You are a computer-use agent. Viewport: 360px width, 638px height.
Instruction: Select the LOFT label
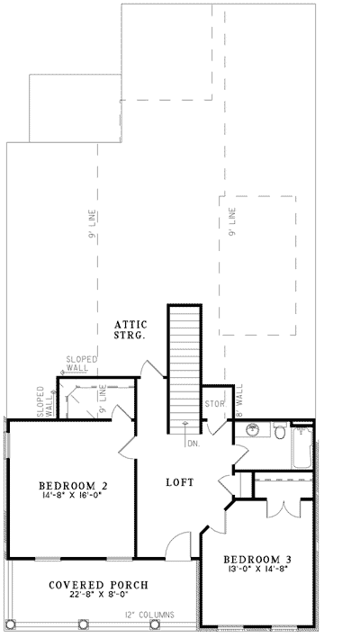tap(179, 482)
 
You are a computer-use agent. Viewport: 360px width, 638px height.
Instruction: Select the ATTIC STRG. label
tap(130, 328)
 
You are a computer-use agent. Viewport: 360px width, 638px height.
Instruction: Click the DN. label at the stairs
tap(192, 443)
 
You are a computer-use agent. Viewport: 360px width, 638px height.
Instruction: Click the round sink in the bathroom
tap(253, 431)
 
